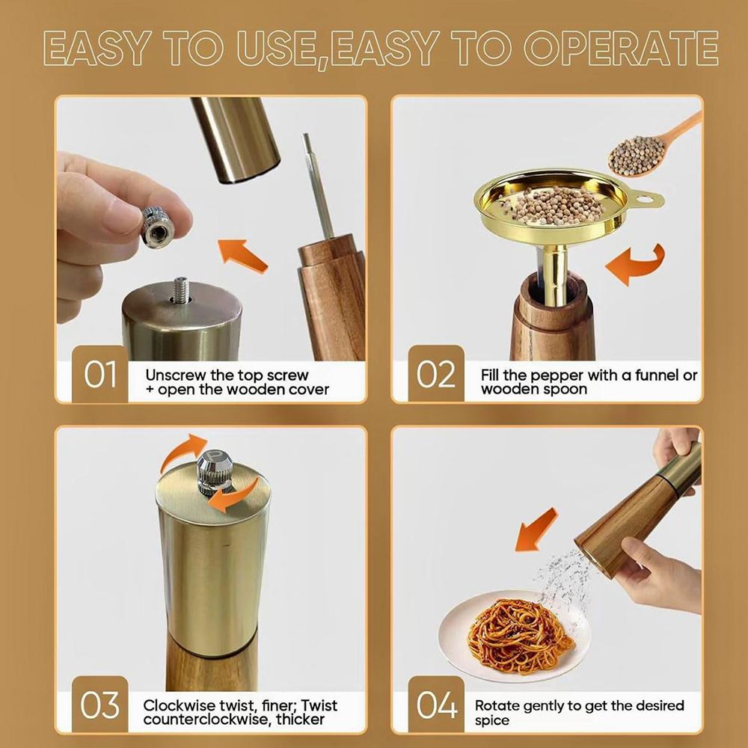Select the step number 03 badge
click(x=100, y=705)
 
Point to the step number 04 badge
click(x=436, y=705)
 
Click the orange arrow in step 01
click(x=242, y=256)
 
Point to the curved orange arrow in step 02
click(x=637, y=265)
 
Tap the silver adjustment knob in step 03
click(x=215, y=471)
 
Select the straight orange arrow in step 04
click(x=536, y=530)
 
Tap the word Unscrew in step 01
click(x=176, y=375)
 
